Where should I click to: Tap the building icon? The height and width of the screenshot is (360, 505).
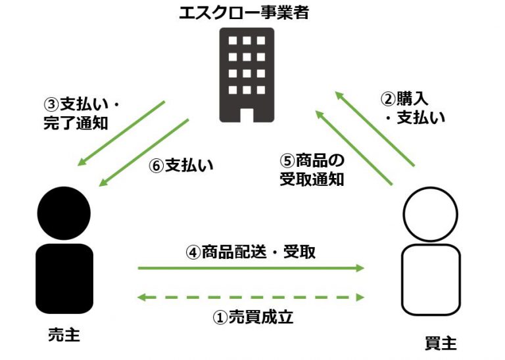click(x=247, y=75)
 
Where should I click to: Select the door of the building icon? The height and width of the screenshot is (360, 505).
click(x=247, y=113)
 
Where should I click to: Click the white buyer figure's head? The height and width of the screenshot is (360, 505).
click(x=429, y=214)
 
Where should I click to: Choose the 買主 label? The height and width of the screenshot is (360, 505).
click(x=440, y=343)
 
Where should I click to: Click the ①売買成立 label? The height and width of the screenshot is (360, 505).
click(x=252, y=318)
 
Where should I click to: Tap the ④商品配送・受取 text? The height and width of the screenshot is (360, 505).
click(x=251, y=252)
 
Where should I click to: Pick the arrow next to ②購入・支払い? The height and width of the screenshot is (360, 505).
click(x=375, y=129)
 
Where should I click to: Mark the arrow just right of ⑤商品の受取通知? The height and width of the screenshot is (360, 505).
click(x=354, y=148)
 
